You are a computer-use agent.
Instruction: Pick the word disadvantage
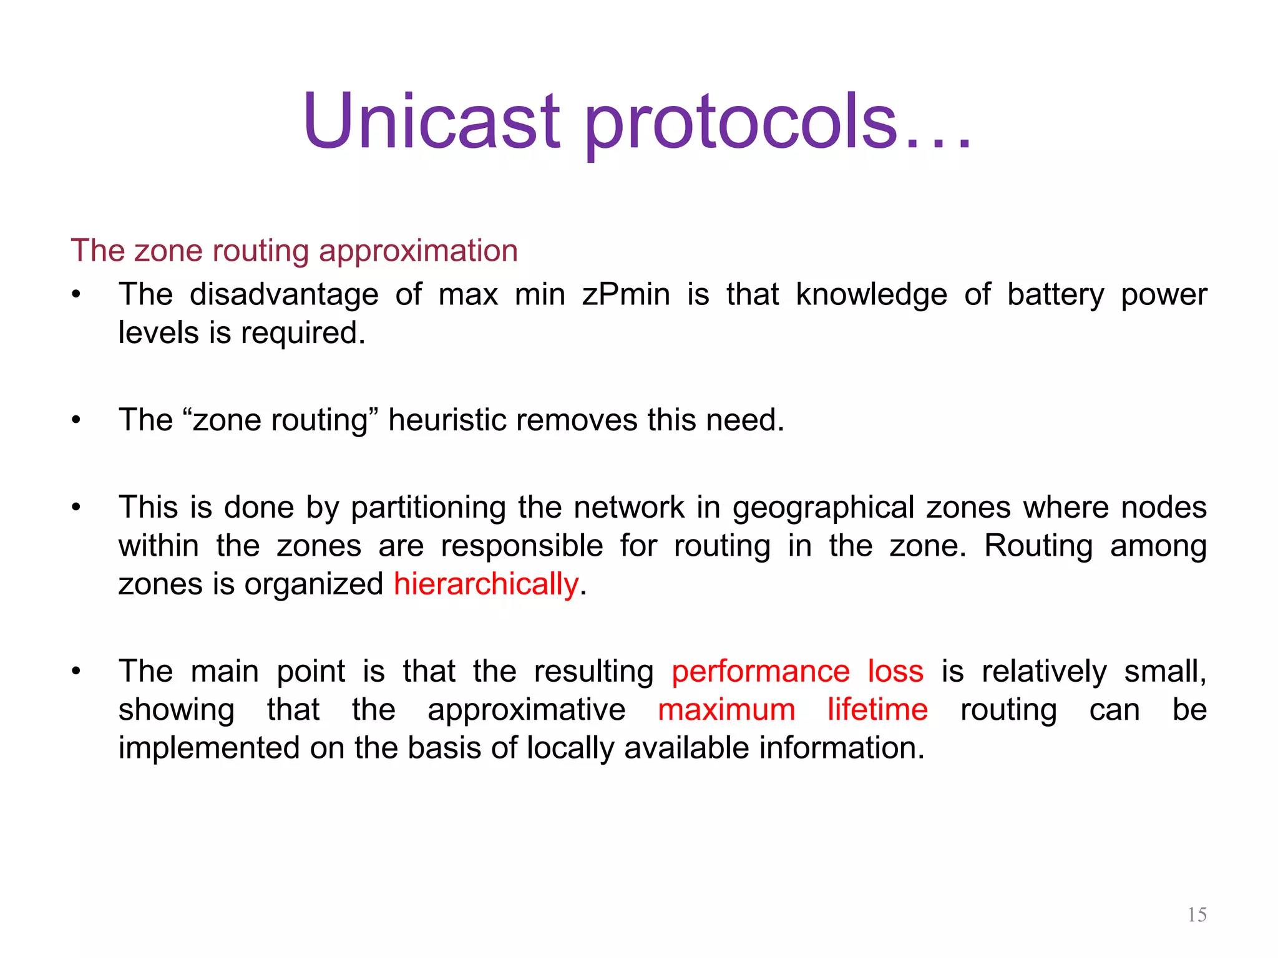point(284,294)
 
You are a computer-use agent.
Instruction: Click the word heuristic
point(446,420)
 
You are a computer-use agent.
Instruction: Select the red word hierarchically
point(486,584)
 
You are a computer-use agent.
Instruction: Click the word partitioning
point(428,507)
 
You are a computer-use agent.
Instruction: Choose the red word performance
point(761,671)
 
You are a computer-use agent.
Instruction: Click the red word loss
point(895,671)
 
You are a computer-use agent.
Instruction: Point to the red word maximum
point(726,710)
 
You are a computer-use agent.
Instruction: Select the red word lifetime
point(877,710)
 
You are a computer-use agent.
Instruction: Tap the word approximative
point(526,710)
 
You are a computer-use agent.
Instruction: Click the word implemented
point(209,748)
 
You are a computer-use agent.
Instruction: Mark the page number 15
point(1196,914)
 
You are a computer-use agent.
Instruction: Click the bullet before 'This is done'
point(76,507)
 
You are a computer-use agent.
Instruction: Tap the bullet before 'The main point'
point(76,672)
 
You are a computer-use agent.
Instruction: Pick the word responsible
point(522,546)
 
